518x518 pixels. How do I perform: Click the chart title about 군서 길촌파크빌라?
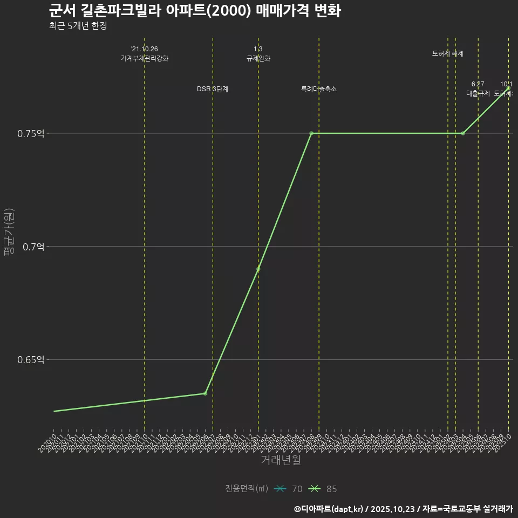(194, 11)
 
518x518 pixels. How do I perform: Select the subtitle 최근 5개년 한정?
(78, 25)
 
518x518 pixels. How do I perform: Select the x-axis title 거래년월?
(281, 460)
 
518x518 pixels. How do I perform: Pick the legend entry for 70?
(288, 489)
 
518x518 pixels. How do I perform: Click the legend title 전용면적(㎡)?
(246, 489)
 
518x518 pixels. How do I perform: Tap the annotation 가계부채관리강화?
(145, 58)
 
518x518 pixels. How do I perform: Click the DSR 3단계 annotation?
(213, 89)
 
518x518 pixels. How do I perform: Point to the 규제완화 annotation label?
(258, 58)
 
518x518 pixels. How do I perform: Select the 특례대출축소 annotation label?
(318, 89)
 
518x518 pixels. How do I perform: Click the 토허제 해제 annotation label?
(448, 53)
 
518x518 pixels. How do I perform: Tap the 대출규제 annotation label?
(478, 93)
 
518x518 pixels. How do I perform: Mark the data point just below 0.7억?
(258, 269)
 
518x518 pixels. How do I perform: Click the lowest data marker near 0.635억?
(205, 393)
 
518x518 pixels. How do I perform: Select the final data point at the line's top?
(508, 88)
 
